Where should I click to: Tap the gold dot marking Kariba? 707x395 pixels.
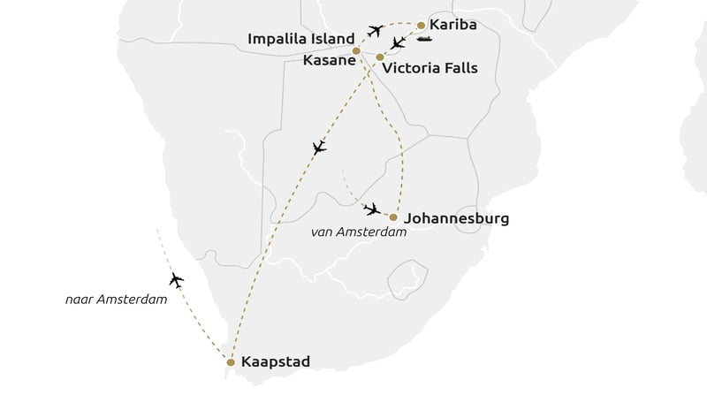422,26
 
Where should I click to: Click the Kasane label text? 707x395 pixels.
325,59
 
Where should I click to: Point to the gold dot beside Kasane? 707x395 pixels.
356,51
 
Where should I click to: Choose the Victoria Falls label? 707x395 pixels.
430,68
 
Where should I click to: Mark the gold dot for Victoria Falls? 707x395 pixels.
380,57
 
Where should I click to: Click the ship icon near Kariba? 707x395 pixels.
424,39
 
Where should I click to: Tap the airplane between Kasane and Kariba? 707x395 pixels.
375,32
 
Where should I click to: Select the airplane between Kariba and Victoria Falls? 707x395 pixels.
399,42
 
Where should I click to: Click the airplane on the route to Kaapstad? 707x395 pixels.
319,148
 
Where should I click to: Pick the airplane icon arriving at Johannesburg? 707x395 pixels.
372,209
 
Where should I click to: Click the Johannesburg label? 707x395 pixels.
455,217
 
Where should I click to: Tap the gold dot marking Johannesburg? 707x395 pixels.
393,217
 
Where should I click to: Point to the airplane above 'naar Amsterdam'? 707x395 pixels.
176,281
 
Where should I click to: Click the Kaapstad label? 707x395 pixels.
276,362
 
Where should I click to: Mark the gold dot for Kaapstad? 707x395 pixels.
231,362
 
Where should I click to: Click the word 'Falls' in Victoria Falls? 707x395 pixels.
459,68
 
